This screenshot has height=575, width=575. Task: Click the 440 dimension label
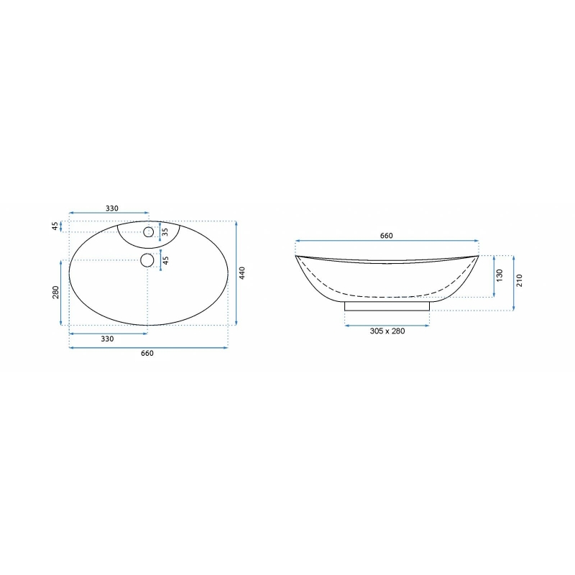242,273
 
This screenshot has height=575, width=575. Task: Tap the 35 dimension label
165,231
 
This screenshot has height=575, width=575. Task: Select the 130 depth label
500,275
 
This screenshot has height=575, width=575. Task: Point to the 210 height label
519,280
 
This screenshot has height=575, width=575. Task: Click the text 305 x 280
387,331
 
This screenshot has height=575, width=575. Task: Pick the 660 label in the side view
387,236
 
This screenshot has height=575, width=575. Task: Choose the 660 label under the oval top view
147,353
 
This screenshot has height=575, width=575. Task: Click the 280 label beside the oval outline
55,293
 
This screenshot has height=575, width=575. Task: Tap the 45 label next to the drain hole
165,260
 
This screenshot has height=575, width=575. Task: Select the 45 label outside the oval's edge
55,226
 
